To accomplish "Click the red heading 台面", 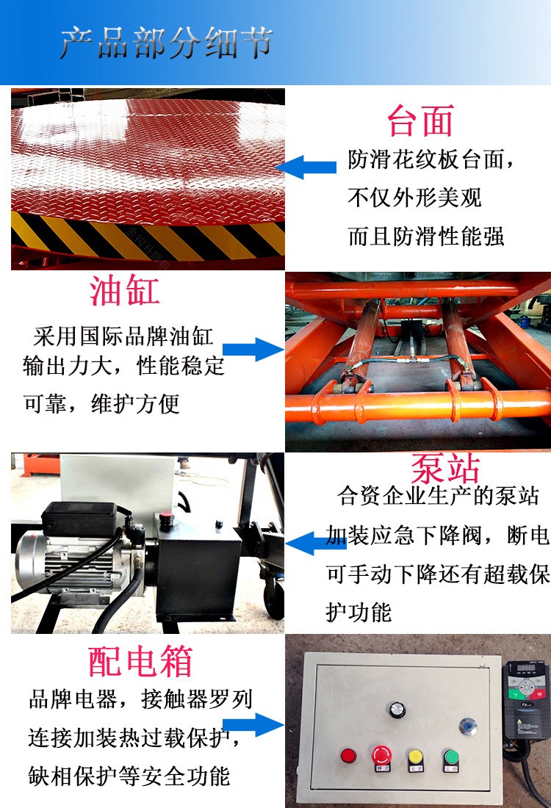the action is [x=420, y=120].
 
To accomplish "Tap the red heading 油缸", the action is [x=124, y=291].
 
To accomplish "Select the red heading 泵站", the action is [x=445, y=468].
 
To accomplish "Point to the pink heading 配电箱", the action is [x=140, y=661].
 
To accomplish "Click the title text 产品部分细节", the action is [x=166, y=43].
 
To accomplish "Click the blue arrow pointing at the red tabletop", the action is [x=306, y=167].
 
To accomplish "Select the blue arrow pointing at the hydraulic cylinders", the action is [x=253, y=350].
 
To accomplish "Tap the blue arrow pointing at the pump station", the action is [x=315, y=544].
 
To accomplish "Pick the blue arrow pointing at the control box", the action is [x=253, y=725].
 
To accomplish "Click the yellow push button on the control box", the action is [x=415, y=758].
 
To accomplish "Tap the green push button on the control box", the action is [x=451, y=757].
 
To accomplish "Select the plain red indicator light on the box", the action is [x=348, y=757].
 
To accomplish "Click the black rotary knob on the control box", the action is [x=397, y=710].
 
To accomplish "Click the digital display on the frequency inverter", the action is [x=526, y=668].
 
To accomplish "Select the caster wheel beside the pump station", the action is [x=274, y=598].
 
